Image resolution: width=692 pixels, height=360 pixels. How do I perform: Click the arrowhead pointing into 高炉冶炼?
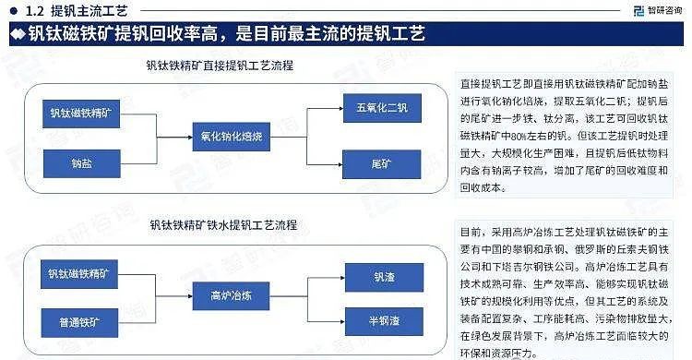pos(189,295)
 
